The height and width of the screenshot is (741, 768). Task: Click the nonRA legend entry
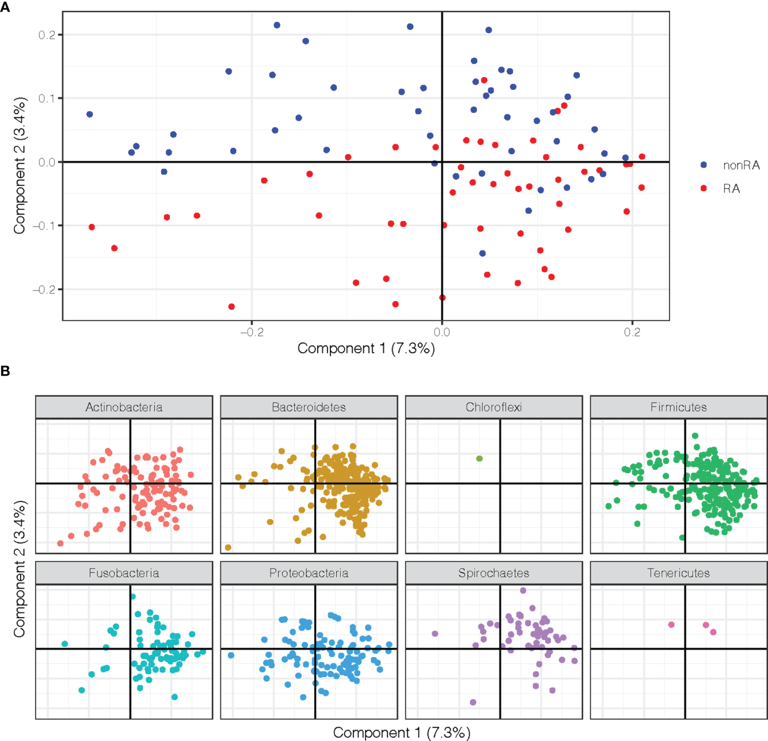tap(741, 165)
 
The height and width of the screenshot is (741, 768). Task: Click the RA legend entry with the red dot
tap(731, 189)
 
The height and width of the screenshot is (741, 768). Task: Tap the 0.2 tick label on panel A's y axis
tap(47, 35)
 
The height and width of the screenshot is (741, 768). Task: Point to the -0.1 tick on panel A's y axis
tap(45, 225)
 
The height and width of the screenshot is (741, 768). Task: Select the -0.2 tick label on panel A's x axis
tap(251, 332)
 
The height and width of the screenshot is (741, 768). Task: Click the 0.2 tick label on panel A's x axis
tap(632, 332)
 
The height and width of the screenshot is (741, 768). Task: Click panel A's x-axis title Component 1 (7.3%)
tap(366, 348)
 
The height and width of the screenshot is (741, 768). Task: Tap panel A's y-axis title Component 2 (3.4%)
tap(19, 165)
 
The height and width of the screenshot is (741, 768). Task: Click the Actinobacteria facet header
tap(124, 407)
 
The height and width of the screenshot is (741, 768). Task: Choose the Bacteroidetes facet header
tap(308, 407)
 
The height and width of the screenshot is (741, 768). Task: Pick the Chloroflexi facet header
tap(494, 407)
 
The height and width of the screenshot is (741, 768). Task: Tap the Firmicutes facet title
tap(678, 407)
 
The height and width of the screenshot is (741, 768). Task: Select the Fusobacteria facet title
tap(124, 573)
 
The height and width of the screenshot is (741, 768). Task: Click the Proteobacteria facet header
tap(308, 573)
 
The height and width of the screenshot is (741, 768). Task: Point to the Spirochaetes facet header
tap(494, 573)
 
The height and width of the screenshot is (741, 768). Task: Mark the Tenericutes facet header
tap(678, 573)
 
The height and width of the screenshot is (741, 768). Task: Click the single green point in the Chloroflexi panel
tap(479, 459)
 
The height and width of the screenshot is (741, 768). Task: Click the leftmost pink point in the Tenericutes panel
tap(671, 625)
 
